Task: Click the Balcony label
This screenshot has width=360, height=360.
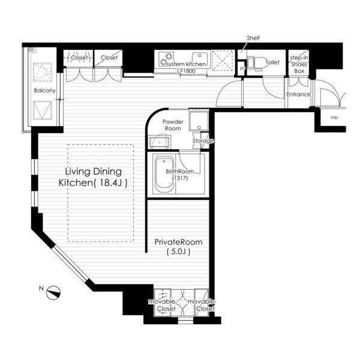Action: coord(44,91)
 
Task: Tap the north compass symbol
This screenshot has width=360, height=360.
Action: coord(53,293)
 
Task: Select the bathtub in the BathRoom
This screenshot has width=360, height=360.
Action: coord(164,175)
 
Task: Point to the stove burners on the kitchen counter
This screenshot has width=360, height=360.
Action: coord(166,59)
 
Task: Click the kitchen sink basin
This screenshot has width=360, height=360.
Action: coord(200,59)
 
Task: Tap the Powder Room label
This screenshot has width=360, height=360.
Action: coord(173,125)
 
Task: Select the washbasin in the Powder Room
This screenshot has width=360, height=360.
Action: coord(160,142)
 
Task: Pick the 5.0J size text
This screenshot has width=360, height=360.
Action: coord(178,252)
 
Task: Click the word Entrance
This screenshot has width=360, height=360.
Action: coord(298,94)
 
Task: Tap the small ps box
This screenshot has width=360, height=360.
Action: coord(242,68)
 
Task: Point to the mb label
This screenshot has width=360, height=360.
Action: coord(334,118)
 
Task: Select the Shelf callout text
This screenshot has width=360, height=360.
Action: coord(253,38)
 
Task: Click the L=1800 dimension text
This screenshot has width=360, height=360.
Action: coord(186,70)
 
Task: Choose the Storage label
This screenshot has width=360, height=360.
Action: coord(203,141)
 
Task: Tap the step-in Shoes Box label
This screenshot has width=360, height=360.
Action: coord(299,65)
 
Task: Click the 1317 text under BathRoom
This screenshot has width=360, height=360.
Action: coord(180,178)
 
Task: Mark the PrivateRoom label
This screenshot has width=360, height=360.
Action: coord(178,242)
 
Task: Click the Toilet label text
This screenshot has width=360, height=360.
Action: coord(272,62)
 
